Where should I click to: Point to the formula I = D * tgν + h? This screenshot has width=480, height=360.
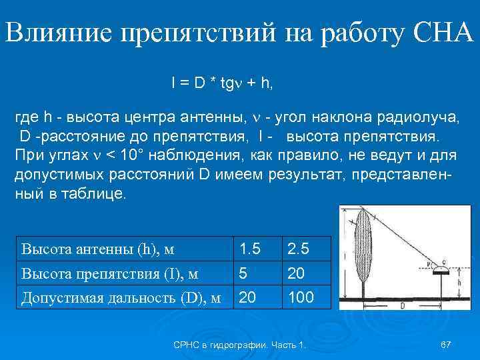pyautogui.click(x=222, y=83)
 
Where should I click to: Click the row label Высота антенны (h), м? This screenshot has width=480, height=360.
pyautogui.click(x=97, y=250)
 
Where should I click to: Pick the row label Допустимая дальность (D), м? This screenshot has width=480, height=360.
pyautogui.click(x=121, y=297)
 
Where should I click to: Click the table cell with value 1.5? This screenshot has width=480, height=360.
pyautogui.click(x=250, y=250)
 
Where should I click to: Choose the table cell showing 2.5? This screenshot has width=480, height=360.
pyautogui.click(x=298, y=250)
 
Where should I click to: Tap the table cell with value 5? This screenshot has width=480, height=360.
pyautogui.click(x=244, y=273)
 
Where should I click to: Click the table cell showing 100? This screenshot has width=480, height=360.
pyautogui.click(x=300, y=297)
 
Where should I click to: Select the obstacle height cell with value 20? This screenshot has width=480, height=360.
pyautogui.click(x=295, y=273)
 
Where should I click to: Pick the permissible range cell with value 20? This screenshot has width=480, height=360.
pyautogui.click(x=248, y=297)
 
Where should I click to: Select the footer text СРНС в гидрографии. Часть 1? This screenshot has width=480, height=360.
pyautogui.click(x=239, y=345)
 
